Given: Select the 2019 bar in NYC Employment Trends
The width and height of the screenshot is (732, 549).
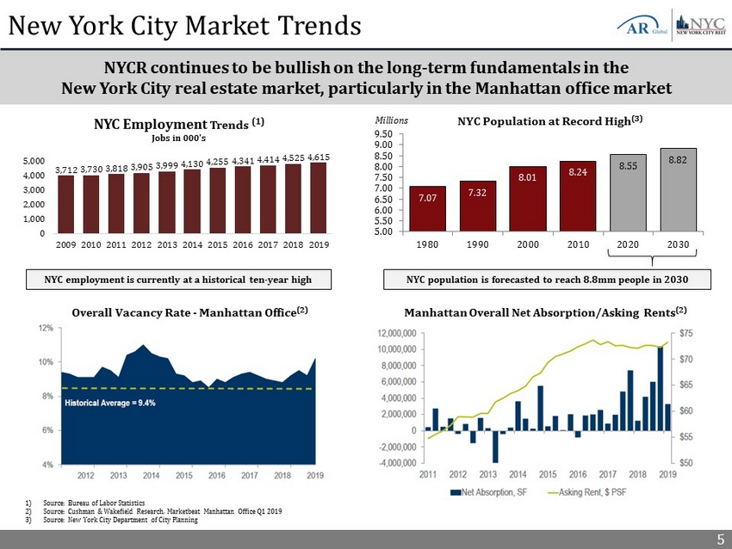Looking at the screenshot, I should (x=318, y=198).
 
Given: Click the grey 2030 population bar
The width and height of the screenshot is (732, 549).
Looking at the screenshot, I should (x=678, y=189).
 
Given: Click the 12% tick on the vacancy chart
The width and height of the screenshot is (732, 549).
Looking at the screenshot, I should (x=43, y=328).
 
